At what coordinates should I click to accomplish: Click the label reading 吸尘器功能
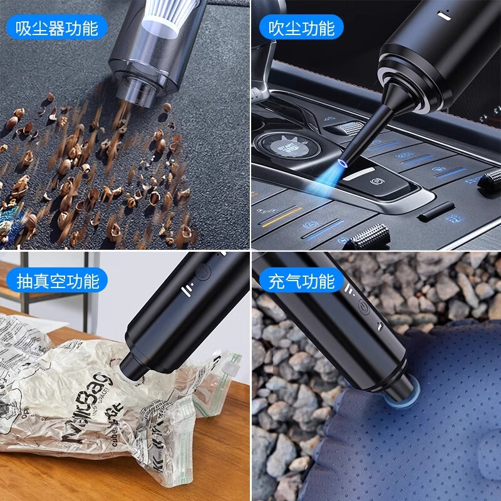56,28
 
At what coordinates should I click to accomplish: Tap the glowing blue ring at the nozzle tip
342,162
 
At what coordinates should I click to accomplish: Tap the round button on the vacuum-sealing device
202,273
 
